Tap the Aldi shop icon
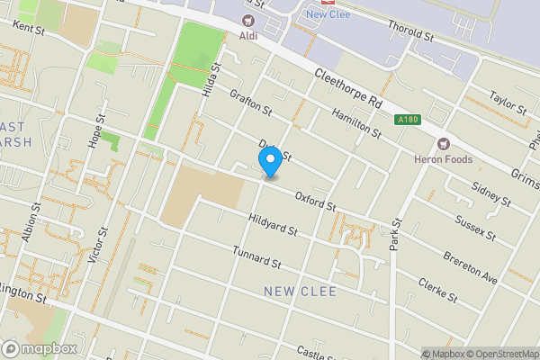tap(247, 21)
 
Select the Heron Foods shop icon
tap(442, 143)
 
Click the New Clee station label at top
tap(328, 13)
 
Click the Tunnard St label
tap(256, 257)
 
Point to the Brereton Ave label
tap(470, 267)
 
